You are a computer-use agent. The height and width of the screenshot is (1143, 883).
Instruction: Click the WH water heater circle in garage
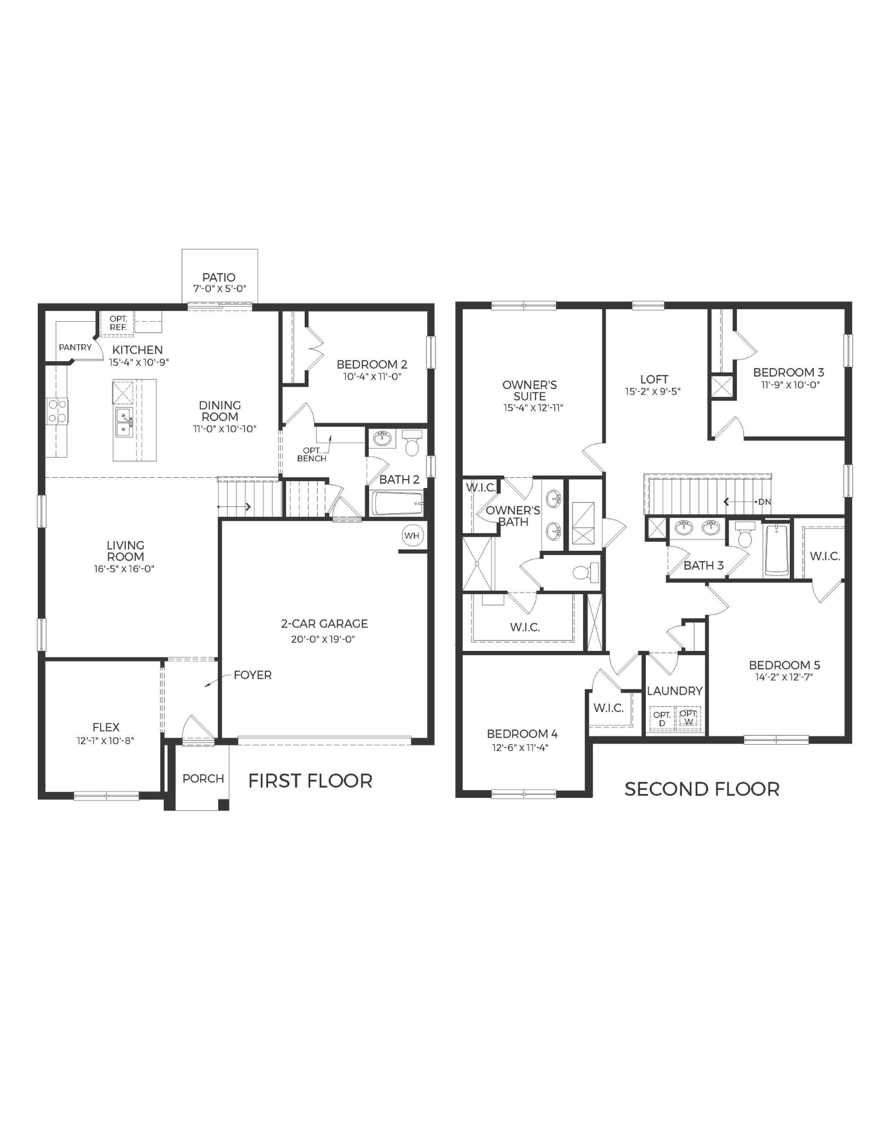[411, 535]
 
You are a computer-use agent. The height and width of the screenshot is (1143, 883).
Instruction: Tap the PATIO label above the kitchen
[219, 278]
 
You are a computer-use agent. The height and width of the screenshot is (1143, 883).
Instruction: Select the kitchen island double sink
[124, 422]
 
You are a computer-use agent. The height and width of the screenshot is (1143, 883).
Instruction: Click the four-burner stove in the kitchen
[57, 410]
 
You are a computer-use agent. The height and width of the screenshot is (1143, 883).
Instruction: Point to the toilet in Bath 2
[412, 442]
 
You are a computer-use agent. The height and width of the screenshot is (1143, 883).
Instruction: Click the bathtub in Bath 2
[397, 503]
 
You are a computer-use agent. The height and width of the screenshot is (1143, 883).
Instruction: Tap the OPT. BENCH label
[312, 454]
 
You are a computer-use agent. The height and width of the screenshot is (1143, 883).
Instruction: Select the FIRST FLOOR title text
[310, 781]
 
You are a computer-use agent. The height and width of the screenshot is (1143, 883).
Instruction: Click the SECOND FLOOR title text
[702, 789]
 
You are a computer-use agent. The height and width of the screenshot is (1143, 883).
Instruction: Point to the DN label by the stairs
[764, 502]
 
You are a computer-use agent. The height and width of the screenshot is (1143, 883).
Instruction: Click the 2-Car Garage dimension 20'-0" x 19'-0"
[323, 639]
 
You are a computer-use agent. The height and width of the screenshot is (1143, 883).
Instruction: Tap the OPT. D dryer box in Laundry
[662, 719]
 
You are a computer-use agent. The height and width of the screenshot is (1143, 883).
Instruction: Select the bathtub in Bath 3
[777, 550]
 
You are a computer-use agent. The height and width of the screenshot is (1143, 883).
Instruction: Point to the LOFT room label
[654, 379]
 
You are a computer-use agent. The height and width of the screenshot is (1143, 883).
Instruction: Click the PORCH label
[203, 778]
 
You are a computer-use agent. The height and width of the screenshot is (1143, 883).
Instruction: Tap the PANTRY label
[75, 347]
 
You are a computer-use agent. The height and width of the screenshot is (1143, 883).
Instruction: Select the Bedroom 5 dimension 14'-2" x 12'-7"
[784, 677]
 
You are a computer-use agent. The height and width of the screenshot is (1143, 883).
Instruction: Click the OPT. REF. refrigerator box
[118, 323]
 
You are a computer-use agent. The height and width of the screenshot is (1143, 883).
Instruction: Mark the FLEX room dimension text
[106, 741]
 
